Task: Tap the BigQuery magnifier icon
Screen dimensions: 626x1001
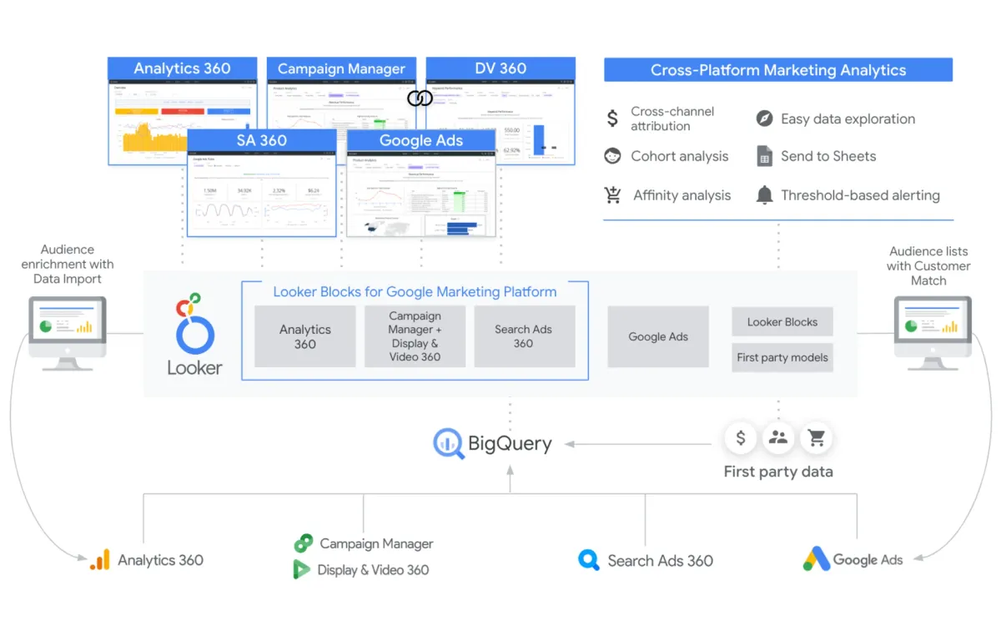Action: pyautogui.click(x=449, y=443)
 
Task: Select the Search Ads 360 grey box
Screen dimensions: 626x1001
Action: pyautogui.click(x=524, y=336)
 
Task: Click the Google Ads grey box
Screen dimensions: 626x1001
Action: pyautogui.click(x=658, y=336)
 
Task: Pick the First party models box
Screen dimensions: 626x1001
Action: pyautogui.click(x=782, y=357)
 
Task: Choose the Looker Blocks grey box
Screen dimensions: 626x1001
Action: pyautogui.click(x=782, y=321)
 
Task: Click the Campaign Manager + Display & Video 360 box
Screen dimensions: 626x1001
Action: pyautogui.click(x=415, y=336)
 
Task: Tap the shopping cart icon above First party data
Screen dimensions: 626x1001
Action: pyautogui.click(x=816, y=437)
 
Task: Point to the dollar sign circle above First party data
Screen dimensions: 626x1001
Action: pyautogui.click(x=741, y=437)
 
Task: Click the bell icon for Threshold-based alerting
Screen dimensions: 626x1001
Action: pyautogui.click(x=764, y=195)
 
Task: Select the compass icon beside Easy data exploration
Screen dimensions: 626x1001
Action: pyautogui.click(x=764, y=119)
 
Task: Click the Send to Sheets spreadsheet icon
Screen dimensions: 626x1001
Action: pyautogui.click(x=764, y=156)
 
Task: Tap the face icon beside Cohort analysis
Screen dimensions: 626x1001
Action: pyautogui.click(x=613, y=156)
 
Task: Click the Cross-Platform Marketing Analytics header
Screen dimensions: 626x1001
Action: pyautogui.click(x=777, y=70)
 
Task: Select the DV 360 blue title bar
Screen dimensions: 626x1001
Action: pyautogui.click(x=500, y=68)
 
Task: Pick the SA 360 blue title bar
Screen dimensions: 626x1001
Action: pyautogui.click(x=262, y=140)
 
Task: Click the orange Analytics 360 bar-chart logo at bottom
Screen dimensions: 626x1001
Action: pyautogui.click(x=100, y=560)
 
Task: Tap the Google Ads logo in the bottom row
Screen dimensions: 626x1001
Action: pyautogui.click(x=817, y=559)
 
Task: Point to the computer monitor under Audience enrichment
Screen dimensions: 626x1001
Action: pyautogui.click(x=68, y=330)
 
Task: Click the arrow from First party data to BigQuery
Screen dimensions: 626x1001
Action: pyautogui.click(x=642, y=444)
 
